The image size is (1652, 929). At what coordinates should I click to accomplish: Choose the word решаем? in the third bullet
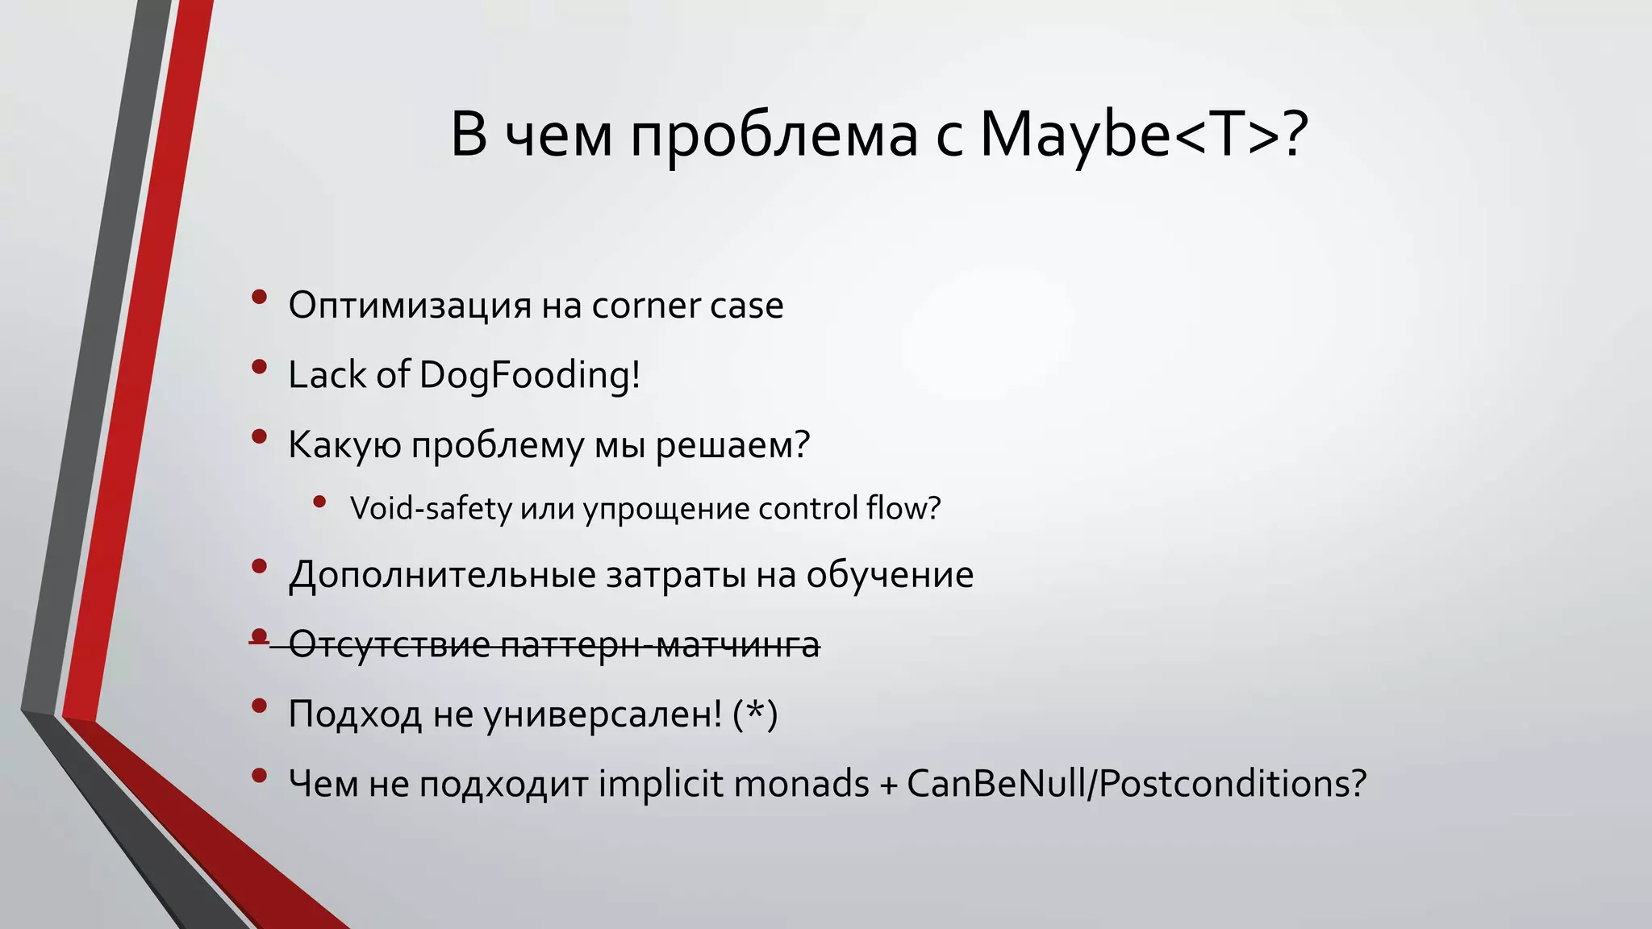732,445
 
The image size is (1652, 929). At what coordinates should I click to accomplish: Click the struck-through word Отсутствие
389,645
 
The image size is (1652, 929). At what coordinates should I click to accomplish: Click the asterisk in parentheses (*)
755,714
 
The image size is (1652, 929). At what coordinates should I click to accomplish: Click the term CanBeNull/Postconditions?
1137,784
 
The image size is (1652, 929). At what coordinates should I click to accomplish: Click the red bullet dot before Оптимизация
259,298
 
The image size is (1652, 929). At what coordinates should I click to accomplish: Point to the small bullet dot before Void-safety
319,502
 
